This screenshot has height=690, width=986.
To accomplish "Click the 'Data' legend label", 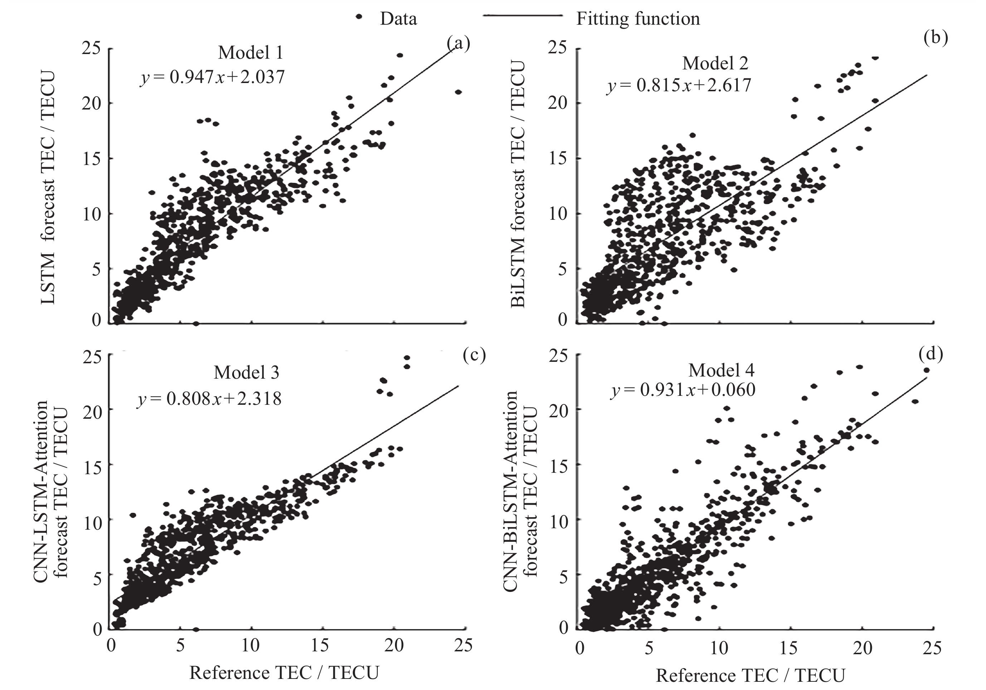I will tap(398, 19).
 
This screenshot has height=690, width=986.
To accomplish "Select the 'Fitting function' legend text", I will tap(638, 19).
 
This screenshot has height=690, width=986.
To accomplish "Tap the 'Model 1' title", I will tap(250, 53).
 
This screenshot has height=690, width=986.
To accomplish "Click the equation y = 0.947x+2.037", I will tap(212, 77).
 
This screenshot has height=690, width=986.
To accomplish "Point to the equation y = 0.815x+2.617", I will tap(679, 86).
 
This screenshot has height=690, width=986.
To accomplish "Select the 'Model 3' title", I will tap(246, 372).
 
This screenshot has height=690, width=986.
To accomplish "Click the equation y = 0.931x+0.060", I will tap(683, 390).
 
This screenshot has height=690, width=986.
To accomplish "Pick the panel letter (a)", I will tap(458, 43).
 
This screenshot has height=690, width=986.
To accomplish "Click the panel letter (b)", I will tap(935, 38).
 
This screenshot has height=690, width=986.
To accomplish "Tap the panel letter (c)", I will tap(474, 355).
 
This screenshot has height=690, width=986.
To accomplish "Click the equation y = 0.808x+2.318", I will tap(209, 399).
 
